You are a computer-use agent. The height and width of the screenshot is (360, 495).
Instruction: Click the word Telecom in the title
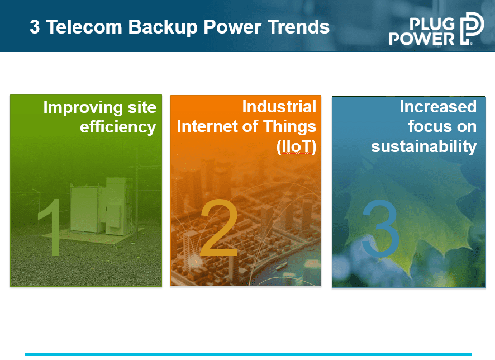84,27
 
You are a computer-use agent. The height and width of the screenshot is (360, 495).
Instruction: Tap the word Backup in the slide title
163,27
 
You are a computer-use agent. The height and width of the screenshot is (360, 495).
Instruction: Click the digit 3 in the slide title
35,27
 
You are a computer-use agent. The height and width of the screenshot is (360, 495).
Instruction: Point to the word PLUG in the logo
432,23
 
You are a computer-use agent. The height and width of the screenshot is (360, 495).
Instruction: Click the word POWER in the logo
421,39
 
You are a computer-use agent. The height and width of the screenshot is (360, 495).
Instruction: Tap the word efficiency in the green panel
118,127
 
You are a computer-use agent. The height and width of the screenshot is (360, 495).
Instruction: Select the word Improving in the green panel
82,108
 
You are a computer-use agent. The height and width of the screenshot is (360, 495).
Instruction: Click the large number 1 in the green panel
50,227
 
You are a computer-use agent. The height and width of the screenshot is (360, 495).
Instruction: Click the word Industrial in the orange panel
279,106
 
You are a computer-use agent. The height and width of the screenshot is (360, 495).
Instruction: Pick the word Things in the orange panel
289,126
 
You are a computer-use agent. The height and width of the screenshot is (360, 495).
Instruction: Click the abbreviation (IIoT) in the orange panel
296,146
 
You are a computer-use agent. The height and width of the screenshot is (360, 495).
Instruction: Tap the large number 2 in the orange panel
219,228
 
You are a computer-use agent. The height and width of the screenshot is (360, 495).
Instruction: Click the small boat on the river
282,266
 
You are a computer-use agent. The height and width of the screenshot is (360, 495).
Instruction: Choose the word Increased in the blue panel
438,106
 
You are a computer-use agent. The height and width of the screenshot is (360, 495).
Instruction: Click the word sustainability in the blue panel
423,146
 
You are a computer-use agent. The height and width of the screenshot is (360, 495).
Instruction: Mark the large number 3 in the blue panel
380,228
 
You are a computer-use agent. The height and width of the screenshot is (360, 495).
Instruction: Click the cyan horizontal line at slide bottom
248,354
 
